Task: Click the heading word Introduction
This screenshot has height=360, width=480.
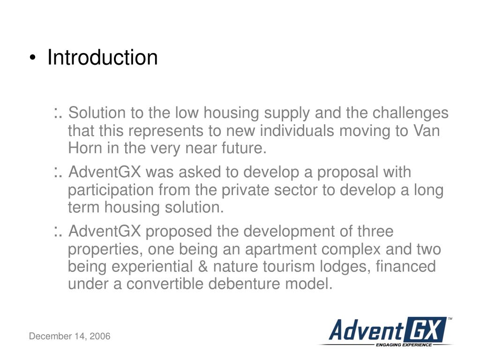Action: tap(103, 58)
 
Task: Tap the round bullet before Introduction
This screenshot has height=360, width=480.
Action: tap(32, 58)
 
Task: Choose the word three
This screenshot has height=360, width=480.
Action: tap(375, 232)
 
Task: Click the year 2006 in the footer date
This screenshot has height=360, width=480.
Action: tap(100, 336)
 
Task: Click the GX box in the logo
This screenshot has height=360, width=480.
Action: tap(425, 330)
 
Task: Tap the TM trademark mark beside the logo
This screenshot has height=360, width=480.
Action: tap(450, 319)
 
